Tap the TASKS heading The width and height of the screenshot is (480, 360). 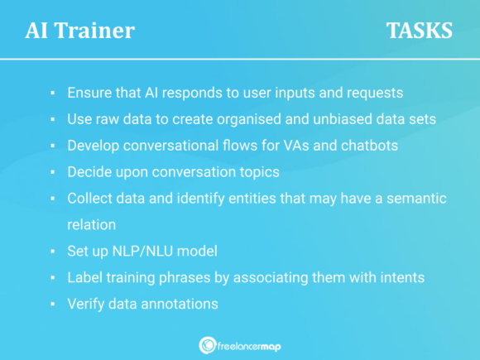point(419,31)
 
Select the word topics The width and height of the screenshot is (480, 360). point(260,172)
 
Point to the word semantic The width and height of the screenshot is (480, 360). point(415,199)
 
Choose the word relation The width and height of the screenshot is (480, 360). point(92,224)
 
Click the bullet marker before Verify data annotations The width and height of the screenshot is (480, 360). point(52,305)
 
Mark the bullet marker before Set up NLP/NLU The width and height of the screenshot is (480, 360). point(52,252)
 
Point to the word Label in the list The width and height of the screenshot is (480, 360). point(84,277)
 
